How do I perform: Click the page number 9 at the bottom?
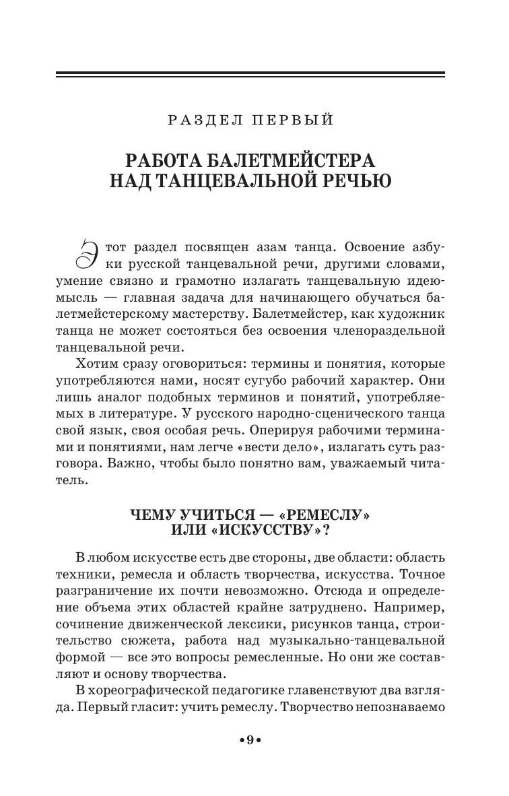click(x=249, y=741)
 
